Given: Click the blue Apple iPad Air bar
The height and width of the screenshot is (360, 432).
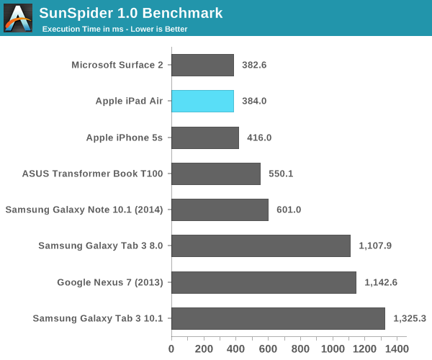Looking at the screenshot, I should point(202,102).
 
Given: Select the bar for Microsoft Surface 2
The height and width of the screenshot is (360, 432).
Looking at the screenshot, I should point(202,65).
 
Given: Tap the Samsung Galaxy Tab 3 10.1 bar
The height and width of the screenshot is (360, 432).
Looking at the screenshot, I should point(278,318).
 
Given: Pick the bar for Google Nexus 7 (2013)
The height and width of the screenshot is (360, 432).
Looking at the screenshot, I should point(264,282).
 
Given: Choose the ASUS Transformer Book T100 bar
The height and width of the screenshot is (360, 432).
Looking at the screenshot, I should point(215,174).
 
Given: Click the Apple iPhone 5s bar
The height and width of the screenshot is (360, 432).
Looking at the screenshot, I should point(204,138).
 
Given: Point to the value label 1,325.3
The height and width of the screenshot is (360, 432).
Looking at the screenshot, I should point(410,318).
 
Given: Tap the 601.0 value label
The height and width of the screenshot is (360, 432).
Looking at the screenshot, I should point(289,210).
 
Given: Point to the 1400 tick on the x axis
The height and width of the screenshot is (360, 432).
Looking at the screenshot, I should point(397,348).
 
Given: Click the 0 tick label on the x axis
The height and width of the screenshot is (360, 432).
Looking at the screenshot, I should point(171,348).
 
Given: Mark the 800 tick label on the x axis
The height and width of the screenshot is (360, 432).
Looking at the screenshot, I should point(300,348).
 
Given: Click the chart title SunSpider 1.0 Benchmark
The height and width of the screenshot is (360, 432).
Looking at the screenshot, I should point(130,13).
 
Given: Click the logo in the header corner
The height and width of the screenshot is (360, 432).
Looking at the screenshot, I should point(18,18).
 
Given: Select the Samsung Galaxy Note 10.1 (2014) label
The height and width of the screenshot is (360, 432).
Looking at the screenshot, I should point(84,210).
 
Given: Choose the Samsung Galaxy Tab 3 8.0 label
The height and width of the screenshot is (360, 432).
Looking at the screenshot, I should point(102,246).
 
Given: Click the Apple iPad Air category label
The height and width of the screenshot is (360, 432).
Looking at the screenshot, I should point(129,102).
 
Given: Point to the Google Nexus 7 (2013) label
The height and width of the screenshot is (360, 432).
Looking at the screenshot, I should point(110,282).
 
